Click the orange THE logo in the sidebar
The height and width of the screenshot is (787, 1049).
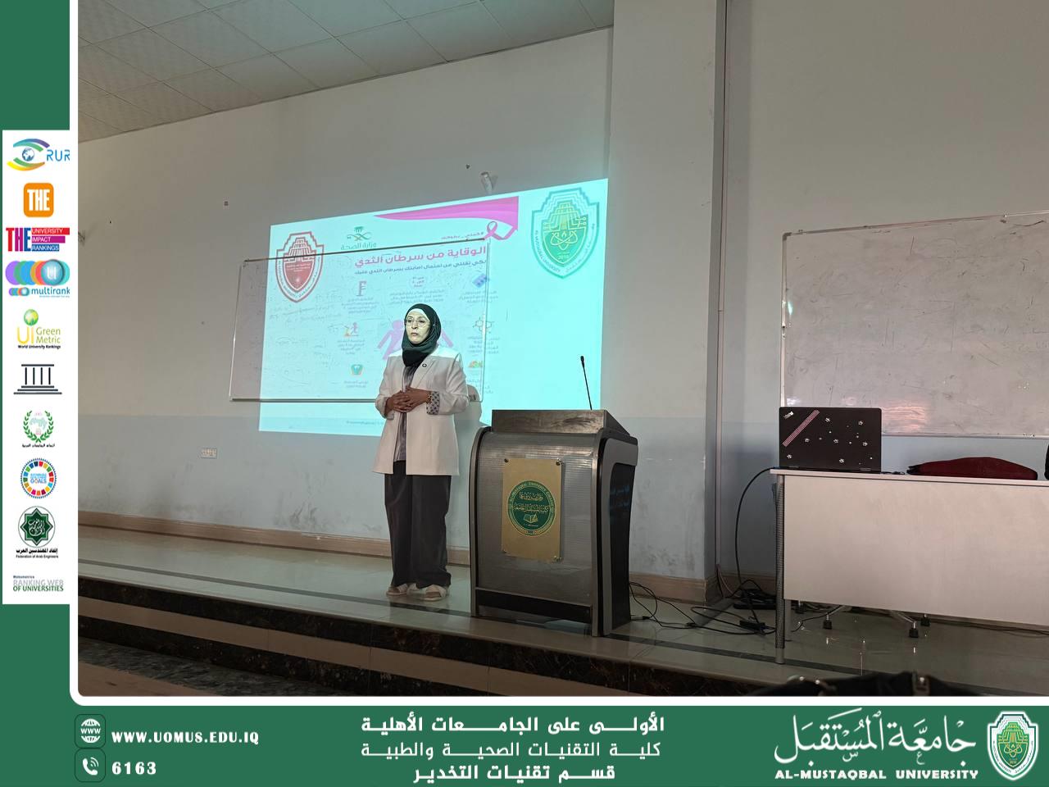(39, 198)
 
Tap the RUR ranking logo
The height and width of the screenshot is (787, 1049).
(38, 153)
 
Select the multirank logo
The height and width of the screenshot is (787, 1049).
(38, 278)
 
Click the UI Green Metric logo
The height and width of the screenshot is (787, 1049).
(38, 328)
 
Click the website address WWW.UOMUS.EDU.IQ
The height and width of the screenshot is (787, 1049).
(184, 737)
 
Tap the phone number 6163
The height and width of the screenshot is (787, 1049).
(134, 768)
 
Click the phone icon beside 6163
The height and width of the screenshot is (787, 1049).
(90, 768)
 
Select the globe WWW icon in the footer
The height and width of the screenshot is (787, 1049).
(90, 730)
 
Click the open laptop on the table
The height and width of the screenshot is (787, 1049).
(829, 439)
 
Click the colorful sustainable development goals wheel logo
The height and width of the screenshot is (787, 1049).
(38, 479)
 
